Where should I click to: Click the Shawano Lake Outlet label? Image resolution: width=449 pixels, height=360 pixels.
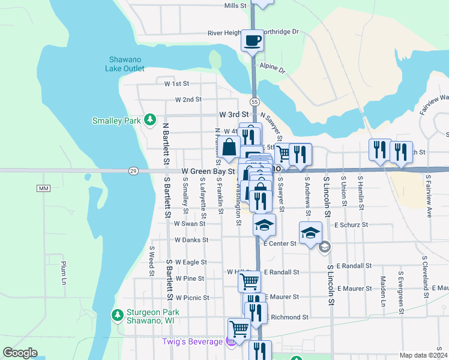tap(125, 64)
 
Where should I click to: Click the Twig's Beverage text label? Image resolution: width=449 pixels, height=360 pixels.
tap(192, 341)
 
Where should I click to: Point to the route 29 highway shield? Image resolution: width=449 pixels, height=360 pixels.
tap(133, 171)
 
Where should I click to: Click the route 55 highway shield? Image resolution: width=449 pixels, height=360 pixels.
tap(255, 103)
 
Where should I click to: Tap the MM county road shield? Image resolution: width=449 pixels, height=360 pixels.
tap(43, 188)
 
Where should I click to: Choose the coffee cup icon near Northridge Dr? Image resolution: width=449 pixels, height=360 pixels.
tap(252, 40)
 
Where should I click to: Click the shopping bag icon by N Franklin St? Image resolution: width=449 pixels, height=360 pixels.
tap(229, 146)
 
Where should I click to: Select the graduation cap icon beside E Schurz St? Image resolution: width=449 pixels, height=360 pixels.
tap(311, 233)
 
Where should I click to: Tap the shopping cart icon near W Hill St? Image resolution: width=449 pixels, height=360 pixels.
tap(249, 280)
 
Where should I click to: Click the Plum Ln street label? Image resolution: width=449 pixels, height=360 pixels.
tap(62, 272)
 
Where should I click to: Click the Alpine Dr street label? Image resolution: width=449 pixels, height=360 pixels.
tap(273, 68)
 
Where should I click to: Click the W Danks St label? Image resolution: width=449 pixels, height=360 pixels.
tap(191, 239)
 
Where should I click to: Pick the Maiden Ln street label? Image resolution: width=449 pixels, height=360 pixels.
tap(382, 290)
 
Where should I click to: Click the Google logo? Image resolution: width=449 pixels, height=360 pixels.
tap(20, 353)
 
